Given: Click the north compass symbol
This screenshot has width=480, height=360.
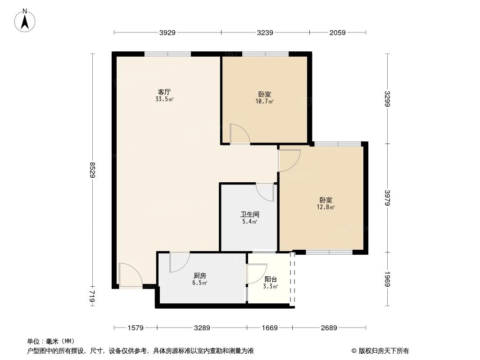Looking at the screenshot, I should pyautogui.click(x=26, y=20).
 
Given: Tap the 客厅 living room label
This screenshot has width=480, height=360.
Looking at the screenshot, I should pyautogui.click(x=164, y=92).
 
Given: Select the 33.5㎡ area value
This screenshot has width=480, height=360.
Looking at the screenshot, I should pyautogui.click(x=164, y=99).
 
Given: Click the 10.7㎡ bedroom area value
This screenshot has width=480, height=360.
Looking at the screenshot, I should pyautogui.click(x=265, y=102).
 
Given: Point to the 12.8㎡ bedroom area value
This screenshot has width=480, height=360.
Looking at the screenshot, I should pyautogui.click(x=326, y=207).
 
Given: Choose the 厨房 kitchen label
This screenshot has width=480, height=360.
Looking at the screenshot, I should pyautogui.click(x=200, y=275).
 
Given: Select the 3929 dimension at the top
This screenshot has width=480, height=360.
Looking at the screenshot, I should pyautogui.click(x=167, y=32).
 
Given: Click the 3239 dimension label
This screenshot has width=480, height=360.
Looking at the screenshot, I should pyautogui.click(x=265, y=32).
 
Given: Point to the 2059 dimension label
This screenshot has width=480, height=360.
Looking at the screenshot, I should pyautogui.click(x=337, y=32).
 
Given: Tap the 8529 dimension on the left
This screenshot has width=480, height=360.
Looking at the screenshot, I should pyautogui.click(x=93, y=170).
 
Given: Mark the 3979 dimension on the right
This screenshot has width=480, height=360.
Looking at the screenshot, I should pyautogui.click(x=388, y=198).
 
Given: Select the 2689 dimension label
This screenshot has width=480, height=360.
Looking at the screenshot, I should pyautogui.click(x=329, y=328).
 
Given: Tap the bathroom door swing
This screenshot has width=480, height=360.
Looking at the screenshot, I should pyautogui.click(x=266, y=192).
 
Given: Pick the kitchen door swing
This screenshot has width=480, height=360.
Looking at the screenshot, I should pyautogui.click(x=179, y=262).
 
